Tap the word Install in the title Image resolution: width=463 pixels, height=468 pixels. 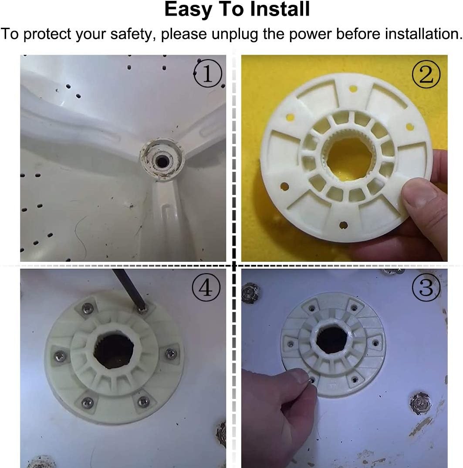pyautogui.click(x=280, y=9)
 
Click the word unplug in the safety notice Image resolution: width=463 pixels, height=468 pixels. pyautogui.click(x=235, y=34)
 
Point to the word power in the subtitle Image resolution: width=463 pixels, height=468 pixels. pyautogui.click(x=311, y=34)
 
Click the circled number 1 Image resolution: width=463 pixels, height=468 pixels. pyautogui.click(x=208, y=74)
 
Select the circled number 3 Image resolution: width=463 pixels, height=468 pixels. pyautogui.click(x=426, y=287)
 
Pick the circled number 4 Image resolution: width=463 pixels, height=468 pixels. pyautogui.click(x=206, y=287)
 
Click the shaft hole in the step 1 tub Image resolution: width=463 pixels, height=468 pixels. pyautogui.click(x=162, y=161)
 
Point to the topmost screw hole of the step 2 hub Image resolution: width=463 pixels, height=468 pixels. pyautogui.click(x=353, y=89)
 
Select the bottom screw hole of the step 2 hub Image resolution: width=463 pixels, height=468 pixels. pyautogui.click(x=344, y=225)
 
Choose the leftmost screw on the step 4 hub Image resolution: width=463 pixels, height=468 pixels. pyautogui.click(x=60, y=355)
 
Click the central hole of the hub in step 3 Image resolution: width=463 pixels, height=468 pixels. pyautogui.click(x=331, y=340)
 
